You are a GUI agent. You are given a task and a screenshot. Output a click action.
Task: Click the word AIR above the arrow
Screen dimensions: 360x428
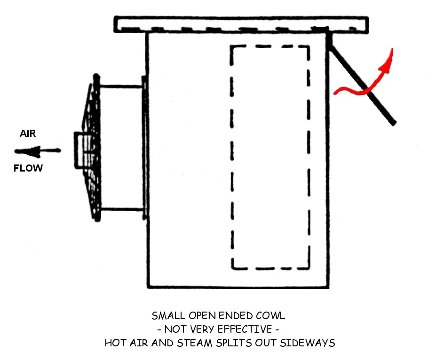click(x=27, y=133)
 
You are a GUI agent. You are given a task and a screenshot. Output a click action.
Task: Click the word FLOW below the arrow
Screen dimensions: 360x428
click(x=28, y=168)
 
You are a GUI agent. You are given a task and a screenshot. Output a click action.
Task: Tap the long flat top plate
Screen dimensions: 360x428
click(x=241, y=24)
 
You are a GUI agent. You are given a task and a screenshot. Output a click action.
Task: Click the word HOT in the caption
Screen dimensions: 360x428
click(x=113, y=343)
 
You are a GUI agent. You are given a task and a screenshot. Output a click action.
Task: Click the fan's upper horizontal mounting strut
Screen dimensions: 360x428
click(x=121, y=86)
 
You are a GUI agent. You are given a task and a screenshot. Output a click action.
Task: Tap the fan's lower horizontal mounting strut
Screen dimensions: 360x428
click(x=121, y=209)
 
